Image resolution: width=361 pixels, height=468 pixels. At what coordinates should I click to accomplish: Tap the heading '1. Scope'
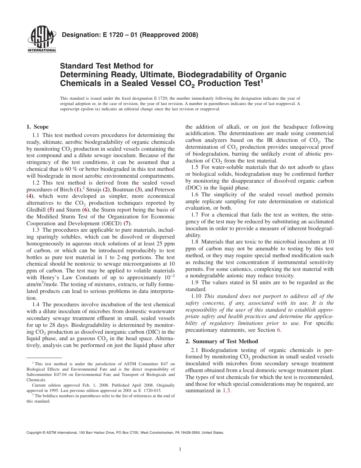click(38, 127)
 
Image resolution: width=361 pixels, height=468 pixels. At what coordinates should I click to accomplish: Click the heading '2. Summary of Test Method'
click(222, 341)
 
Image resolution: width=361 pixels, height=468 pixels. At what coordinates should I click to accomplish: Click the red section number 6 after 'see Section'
click(279, 330)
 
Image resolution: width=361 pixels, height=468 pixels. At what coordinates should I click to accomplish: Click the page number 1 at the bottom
click(180, 449)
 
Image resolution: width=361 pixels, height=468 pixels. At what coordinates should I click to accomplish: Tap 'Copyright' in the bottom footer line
click(35, 433)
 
